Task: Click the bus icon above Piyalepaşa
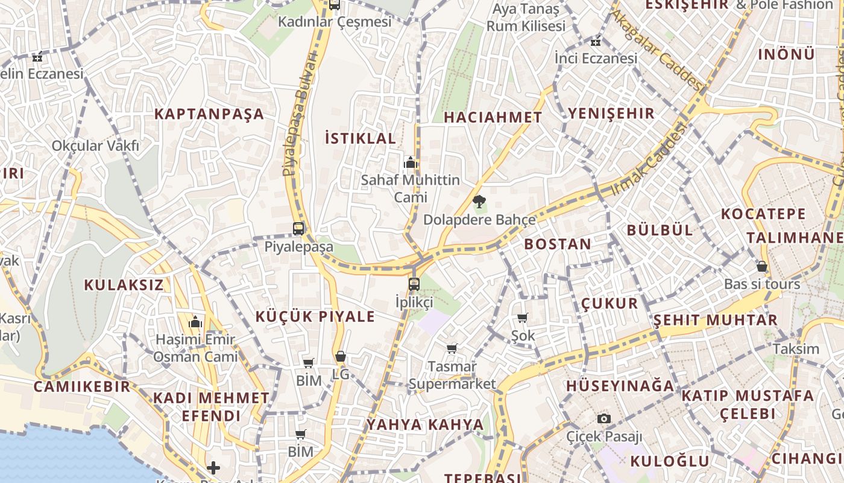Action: click(x=298, y=229)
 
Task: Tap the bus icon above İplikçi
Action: click(x=414, y=284)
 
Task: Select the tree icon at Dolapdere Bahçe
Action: click(x=479, y=202)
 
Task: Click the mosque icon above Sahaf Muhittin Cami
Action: click(x=411, y=162)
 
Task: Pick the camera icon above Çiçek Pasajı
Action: click(x=604, y=418)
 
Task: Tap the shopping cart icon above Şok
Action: click(x=523, y=318)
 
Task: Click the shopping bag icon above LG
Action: click(x=341, y=357)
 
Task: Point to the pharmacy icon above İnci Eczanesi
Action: click(x=596, y=42)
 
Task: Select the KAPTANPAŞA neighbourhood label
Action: click(x=209, y=114)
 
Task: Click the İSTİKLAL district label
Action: click(x=361, y=138)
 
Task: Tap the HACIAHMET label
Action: click(x=493, y=118)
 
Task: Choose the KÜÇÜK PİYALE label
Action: click(x=315, y=316)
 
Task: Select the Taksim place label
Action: click(x=796, y=349)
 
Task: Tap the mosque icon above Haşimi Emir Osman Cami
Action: click(x=195, y=322)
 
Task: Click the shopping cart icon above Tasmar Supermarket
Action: click(x=452, y=348)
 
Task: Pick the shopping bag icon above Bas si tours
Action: click(x=762, y=266)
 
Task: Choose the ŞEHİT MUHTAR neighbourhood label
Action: click(x=716, y=320)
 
